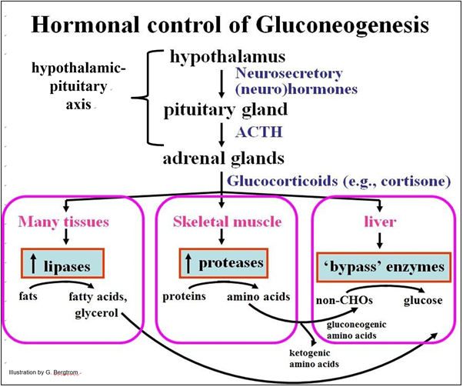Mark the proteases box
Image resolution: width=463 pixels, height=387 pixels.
tap(221, 262)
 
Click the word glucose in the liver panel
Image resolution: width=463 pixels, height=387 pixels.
tap(425, 300)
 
